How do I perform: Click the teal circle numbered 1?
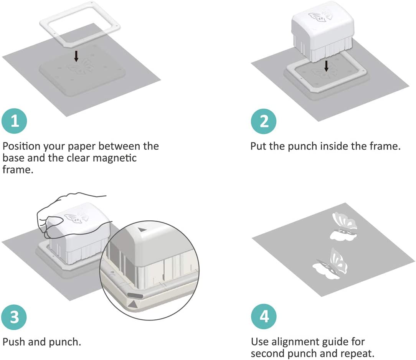click(x=14, y=121)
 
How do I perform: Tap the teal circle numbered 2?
click(x=264, y=121)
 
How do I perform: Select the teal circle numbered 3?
click(x=14, y=317)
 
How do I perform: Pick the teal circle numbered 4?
click(x=264, y=317)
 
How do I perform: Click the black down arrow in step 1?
click(x=76, y=56)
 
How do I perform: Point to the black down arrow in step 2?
click(x=326, y=66)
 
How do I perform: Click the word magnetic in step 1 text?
click(x=115, y=158)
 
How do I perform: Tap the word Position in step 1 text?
click(x=21, y=146)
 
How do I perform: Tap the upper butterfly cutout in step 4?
click(x=344, y=226)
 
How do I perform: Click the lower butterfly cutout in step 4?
click(x=330, y=264)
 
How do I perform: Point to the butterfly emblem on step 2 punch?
click(x=320, y=16)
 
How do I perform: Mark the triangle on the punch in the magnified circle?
click(x=142, y=229)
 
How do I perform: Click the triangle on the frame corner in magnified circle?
click(x=133, y=304)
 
